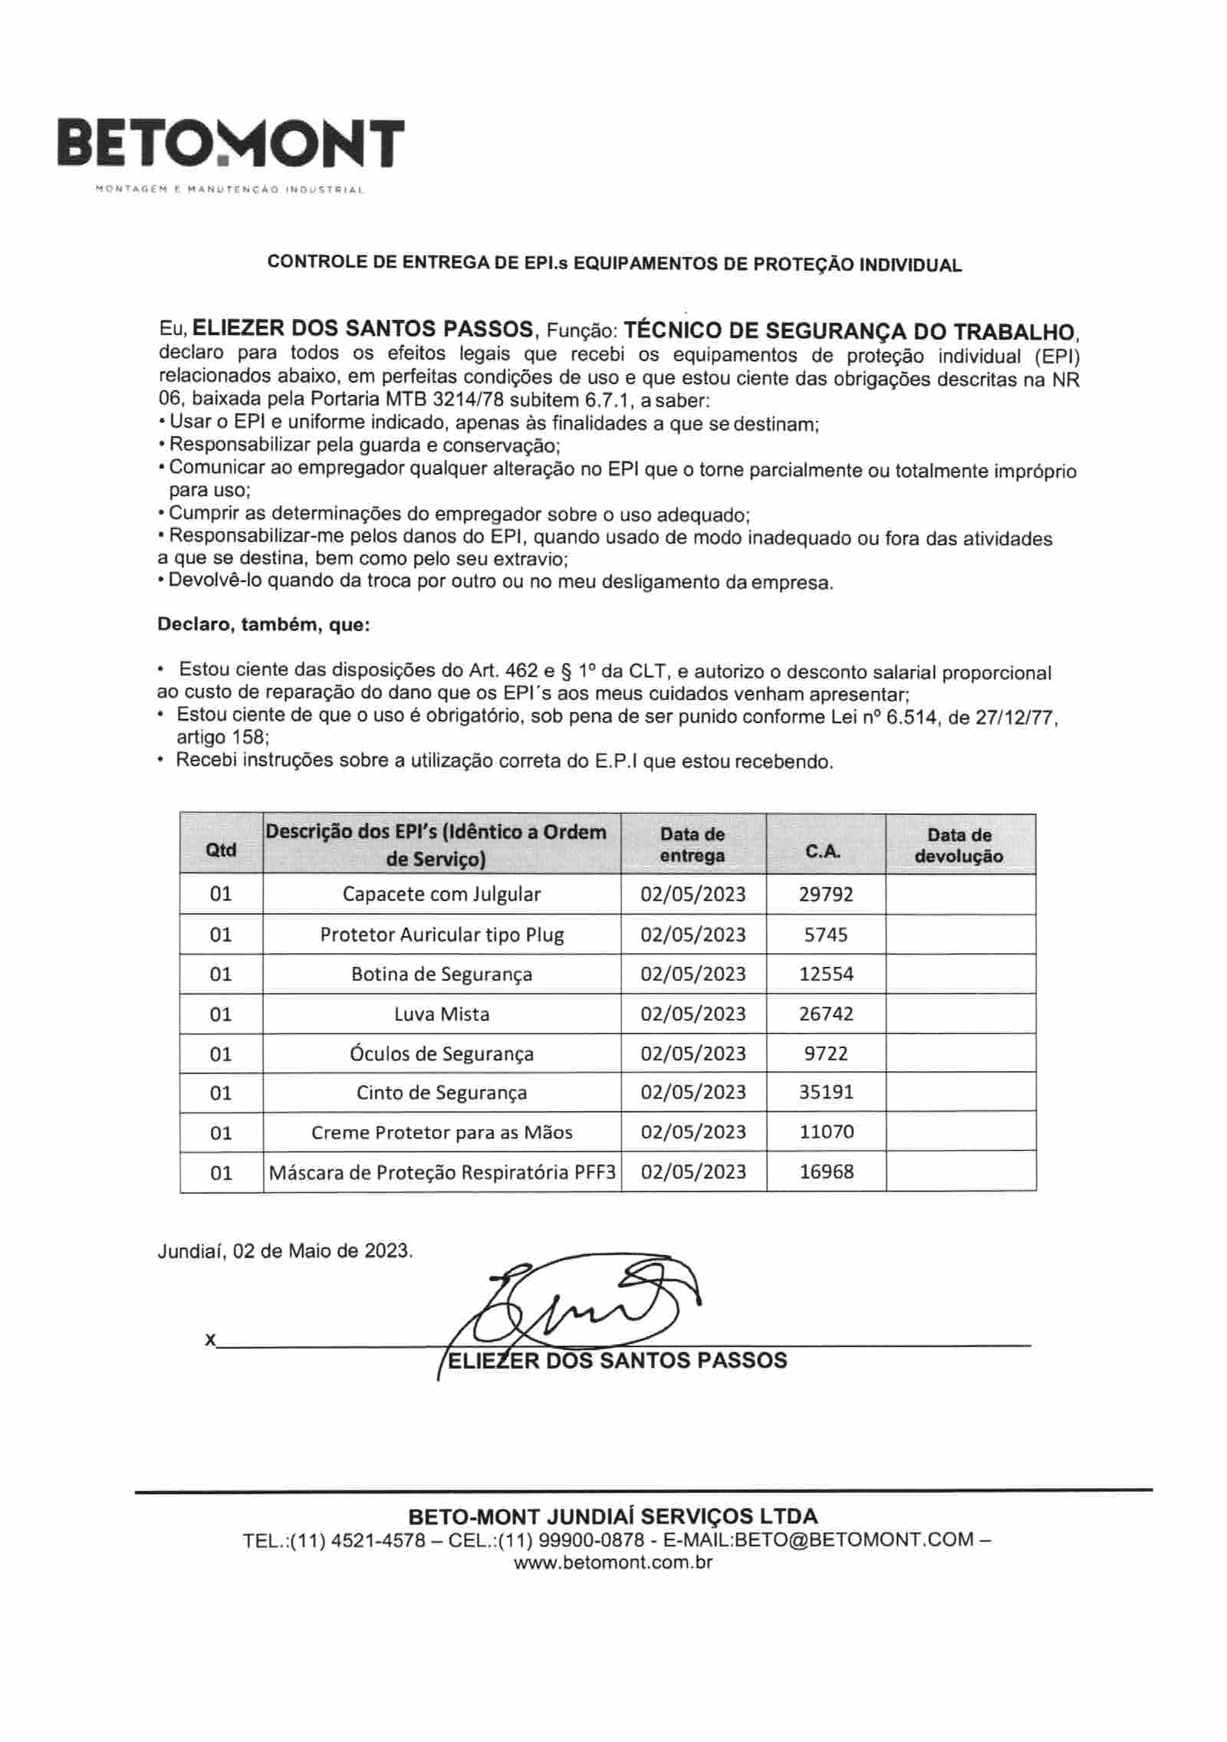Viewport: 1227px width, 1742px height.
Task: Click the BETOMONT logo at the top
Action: (x=231, y=144)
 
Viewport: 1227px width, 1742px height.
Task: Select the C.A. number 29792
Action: (x=825, y=894)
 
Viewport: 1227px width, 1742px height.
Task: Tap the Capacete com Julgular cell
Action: (x=441, y=894)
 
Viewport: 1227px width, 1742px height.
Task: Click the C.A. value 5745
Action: (x=826, y=935)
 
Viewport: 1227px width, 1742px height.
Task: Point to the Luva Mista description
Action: (x=441, y=1014)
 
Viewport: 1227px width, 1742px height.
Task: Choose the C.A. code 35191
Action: (x=826, y=1092)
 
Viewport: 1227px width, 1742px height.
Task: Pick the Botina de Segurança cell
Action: (x=441, y=974)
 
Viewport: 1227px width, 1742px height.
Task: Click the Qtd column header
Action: (x=221, y=850)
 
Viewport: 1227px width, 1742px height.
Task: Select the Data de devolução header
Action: (x=959, y=846)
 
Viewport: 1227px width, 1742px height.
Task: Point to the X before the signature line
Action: (x=210, y=1339)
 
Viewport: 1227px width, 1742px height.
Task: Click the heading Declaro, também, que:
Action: (x=263, y=625)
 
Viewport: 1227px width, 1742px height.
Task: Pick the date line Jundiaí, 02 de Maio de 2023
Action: (x=285, y=1251)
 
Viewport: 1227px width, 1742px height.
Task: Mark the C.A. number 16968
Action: (x=826, y=1171)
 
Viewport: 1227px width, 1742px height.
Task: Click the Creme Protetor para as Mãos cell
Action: (x=441, y=1132)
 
